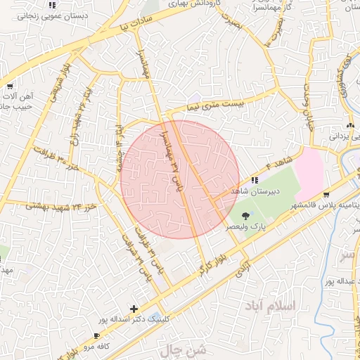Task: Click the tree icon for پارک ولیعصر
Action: point(245,216)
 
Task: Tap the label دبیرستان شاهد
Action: point(257,191)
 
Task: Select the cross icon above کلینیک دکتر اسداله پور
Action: point(134,309)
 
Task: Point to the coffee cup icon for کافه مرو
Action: point(97,336)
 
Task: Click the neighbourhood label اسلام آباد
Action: point(273,307)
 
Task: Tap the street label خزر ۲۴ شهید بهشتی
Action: point(49,206)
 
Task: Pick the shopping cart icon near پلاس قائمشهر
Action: point(326,194)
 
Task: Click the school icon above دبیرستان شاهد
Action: point(254,181)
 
